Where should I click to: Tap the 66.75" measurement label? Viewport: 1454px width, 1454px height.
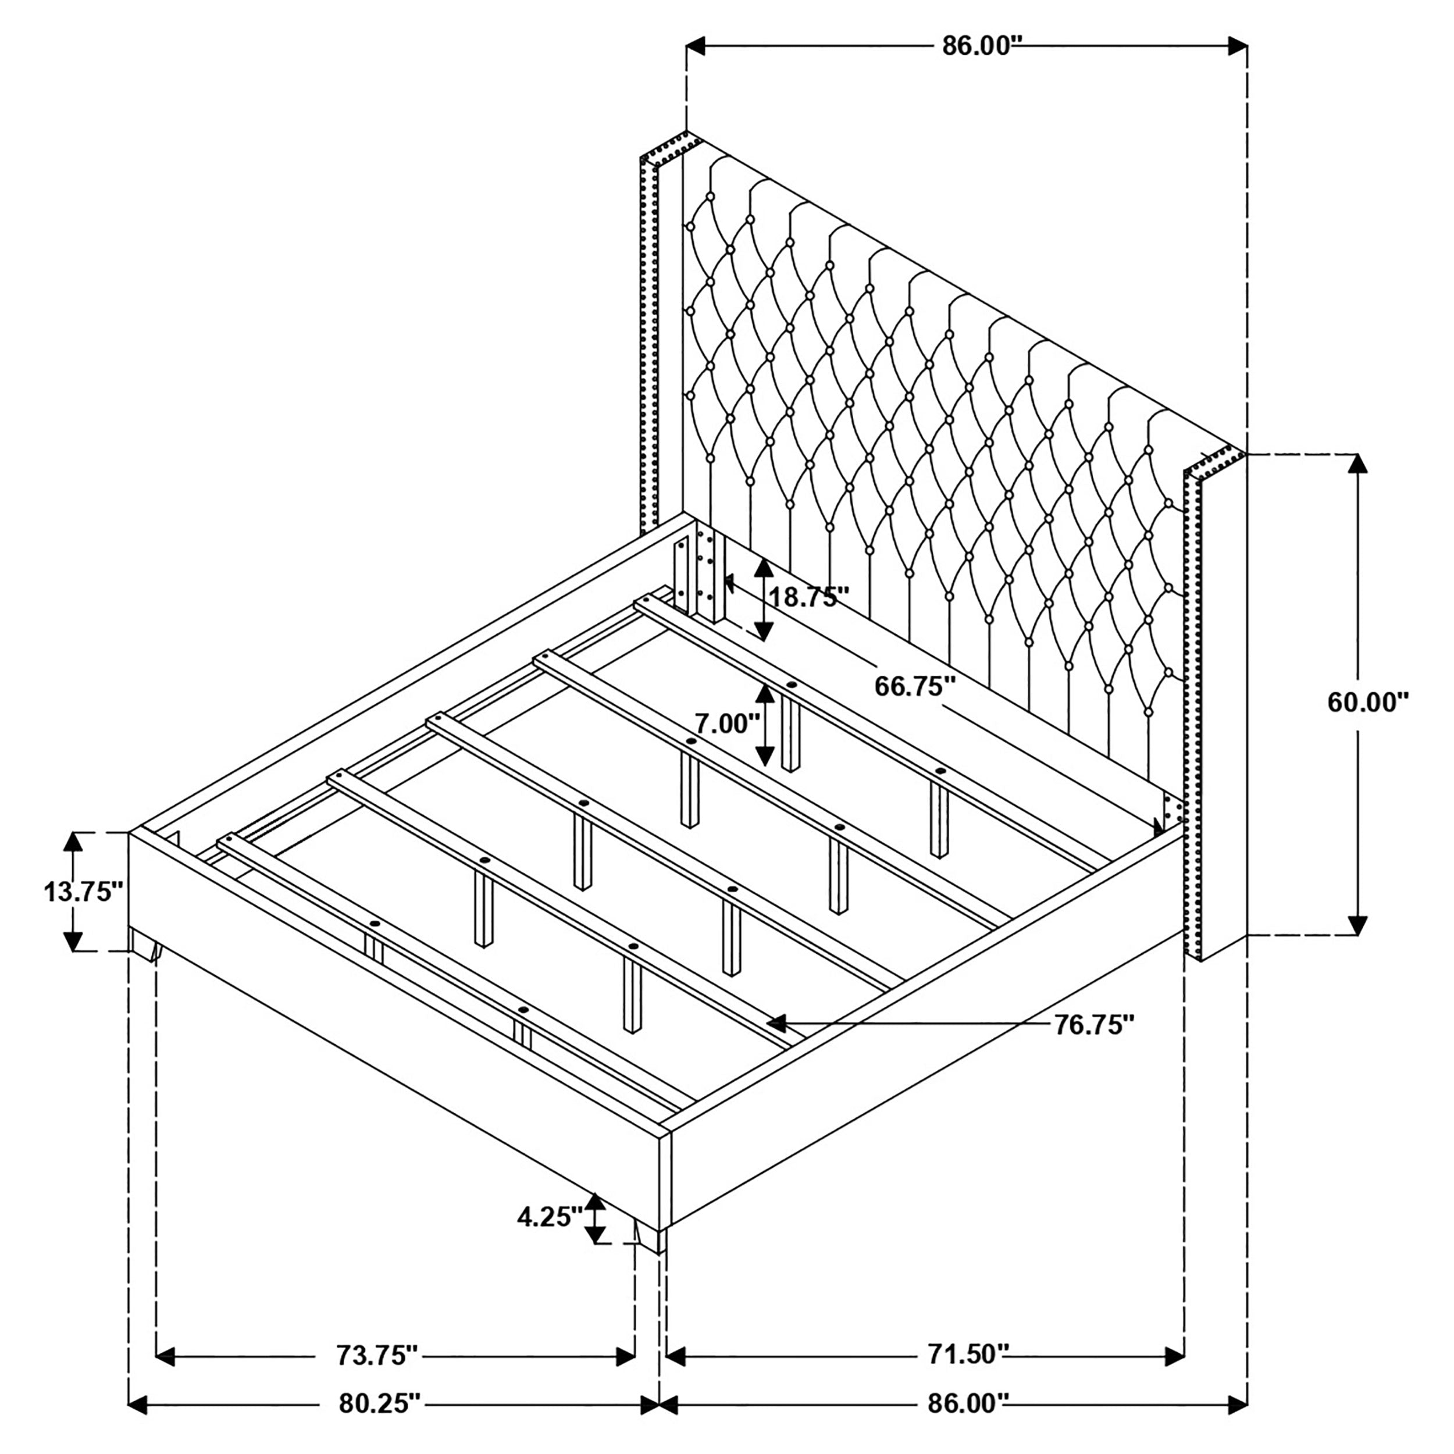[915, 686]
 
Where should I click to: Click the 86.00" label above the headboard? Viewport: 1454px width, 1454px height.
[983, 46]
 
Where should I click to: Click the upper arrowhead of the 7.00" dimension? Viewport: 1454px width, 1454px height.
[765, 694]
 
